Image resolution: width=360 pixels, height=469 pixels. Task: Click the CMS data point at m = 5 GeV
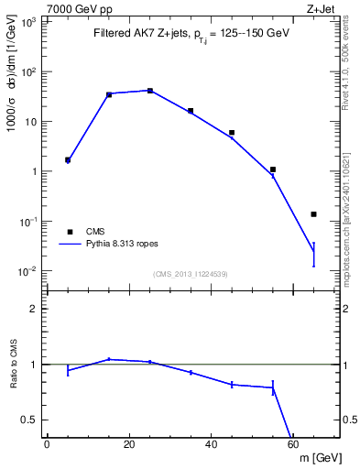68,159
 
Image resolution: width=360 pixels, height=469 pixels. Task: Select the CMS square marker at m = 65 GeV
313,214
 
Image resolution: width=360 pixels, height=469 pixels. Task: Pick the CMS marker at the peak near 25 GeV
150,91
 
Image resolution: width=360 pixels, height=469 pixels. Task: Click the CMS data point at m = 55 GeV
273,169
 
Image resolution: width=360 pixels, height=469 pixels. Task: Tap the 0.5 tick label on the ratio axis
30,420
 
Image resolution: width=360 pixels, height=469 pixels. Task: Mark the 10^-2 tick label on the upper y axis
28,271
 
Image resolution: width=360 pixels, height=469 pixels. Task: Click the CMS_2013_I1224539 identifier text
190,273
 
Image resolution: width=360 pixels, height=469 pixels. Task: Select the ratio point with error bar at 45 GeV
232,385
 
